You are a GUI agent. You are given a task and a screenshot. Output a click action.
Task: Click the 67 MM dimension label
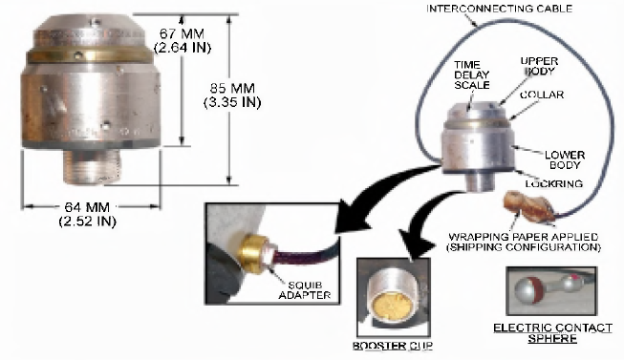[x=182, y=33]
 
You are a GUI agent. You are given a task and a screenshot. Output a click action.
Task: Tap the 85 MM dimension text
[x=232, y=88]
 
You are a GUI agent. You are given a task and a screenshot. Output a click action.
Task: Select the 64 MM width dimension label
[x=87, y=207]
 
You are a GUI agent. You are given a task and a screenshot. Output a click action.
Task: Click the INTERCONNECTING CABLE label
[x=500, y=9]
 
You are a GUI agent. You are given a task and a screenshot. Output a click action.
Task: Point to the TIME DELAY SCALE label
[x=472, y=74]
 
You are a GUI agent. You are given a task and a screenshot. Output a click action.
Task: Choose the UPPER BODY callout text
[x=540, y=66]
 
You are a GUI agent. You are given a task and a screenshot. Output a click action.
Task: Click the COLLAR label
[x=542, y=95]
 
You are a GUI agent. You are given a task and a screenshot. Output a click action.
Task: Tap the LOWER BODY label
[x=565, y=159]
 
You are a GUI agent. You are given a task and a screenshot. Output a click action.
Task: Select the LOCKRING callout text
[x=554, y=183]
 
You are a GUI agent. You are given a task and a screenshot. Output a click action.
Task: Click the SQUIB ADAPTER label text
[x=305, y=290]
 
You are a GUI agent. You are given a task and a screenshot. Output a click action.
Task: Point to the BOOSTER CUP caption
[x=393, y=346]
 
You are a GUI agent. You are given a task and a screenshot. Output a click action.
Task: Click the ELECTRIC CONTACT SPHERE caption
[x=552, y=333]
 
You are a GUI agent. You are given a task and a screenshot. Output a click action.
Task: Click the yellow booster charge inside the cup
[x=390, y=307]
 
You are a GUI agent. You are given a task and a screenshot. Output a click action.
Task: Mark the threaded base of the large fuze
[x=93, y=166]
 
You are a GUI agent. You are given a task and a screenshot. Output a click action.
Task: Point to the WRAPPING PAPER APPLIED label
[x=524, y=237]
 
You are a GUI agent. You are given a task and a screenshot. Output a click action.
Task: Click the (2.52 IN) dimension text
[x=87, y=221]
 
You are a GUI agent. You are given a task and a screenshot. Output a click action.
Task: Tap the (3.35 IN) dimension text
[x=232, y=102]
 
